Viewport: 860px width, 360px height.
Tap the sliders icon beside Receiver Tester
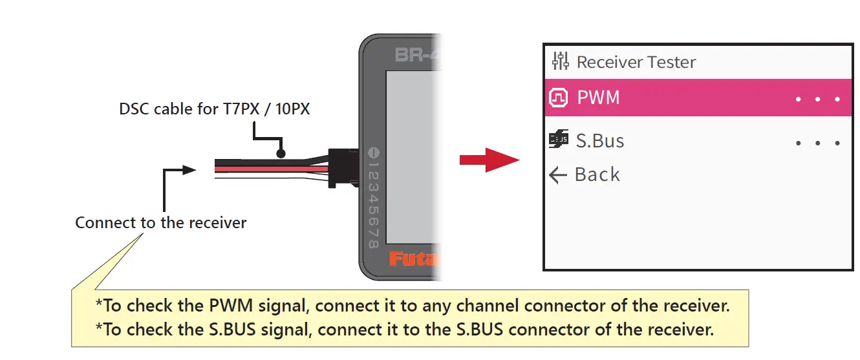coord(560,61)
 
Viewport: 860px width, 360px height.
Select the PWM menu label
coord(598,98)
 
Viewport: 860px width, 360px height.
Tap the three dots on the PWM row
coord(818,100)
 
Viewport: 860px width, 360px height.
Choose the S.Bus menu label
coord(599,141)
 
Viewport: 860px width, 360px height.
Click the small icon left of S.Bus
coord(558,139)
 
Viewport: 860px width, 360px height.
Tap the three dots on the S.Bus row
coord(818,143)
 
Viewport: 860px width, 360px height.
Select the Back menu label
coord(597,175)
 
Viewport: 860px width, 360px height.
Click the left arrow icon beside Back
coord(557,175)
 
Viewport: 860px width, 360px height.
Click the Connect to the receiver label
coord(160,223)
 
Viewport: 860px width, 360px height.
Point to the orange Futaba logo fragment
coord(413,260)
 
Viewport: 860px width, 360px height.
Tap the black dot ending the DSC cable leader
coord(280,154)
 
